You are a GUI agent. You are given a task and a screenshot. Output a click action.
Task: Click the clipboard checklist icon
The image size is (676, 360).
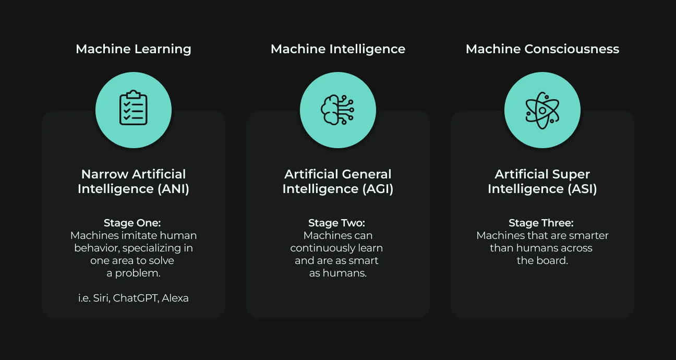coord(134,107)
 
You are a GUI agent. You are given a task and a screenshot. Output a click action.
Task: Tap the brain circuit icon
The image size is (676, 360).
coord(337,110)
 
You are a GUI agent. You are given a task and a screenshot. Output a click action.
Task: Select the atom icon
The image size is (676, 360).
coord(542,111)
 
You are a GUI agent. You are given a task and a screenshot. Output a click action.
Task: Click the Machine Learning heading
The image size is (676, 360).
coord(134,49)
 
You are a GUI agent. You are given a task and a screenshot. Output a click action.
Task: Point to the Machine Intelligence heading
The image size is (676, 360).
coord(338,49)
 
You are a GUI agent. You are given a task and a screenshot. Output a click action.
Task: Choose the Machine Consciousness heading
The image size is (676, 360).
coord(542,49)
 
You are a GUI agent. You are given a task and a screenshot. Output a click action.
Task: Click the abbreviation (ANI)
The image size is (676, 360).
coord(173,189)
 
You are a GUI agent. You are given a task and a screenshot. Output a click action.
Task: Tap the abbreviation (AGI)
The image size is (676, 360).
coord(378,189)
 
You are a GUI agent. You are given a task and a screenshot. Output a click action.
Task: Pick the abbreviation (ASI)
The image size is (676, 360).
coord(582,189)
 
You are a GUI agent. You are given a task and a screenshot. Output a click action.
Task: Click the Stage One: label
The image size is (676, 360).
coord(132,223)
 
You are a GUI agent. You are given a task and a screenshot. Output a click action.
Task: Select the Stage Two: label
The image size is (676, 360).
coord(336,223)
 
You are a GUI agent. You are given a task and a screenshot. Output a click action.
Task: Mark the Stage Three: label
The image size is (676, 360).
coord(541,223)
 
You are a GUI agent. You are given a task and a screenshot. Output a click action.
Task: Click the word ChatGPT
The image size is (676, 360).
coord(136,298)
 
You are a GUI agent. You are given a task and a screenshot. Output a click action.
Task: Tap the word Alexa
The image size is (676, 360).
coord(175,298)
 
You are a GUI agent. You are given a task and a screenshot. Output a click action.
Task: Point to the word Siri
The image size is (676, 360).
coord(101,298)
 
